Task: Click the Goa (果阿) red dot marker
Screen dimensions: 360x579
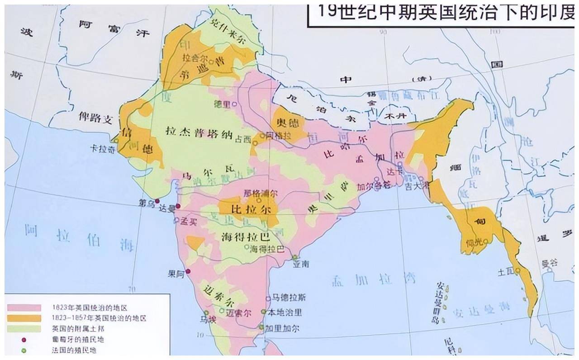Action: (188, 271)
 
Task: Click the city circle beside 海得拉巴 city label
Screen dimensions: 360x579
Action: (247, 247)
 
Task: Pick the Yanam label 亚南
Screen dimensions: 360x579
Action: (300, 264)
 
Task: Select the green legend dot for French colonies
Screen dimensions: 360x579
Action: (24, 350)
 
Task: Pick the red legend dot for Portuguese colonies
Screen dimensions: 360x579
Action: (24, 339)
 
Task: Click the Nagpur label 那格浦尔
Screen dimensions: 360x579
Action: (260, 193)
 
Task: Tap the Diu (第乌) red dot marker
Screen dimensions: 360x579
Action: (157, 201)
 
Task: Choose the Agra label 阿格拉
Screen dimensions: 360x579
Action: (277, 135)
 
